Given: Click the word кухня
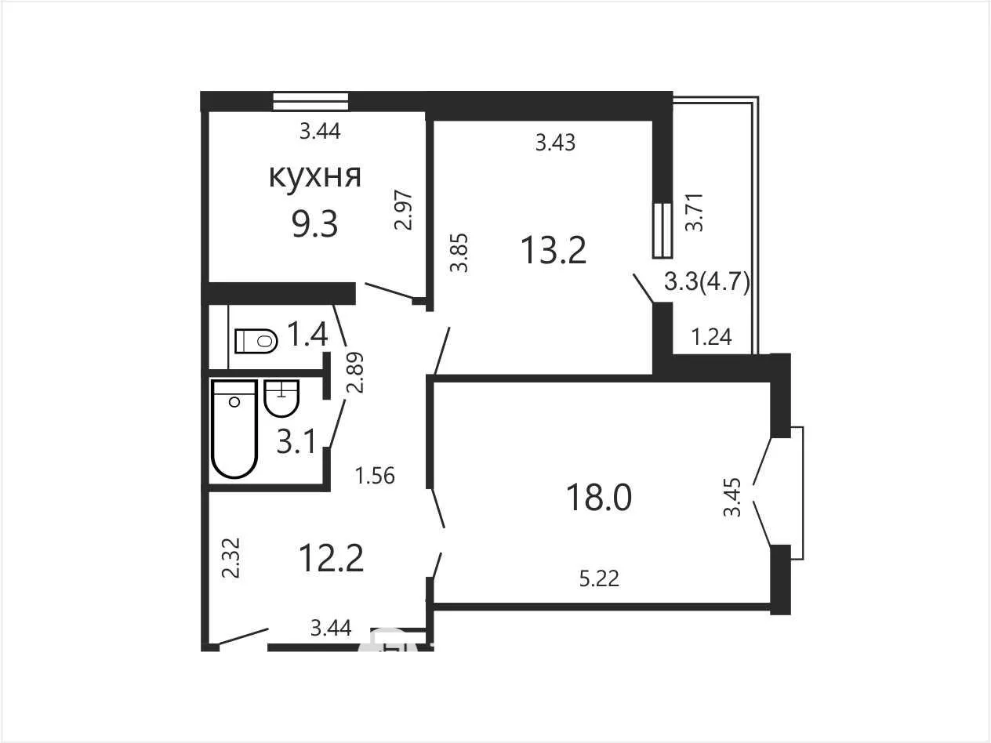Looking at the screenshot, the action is [315, 176].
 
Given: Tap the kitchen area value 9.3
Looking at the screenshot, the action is [314, 224].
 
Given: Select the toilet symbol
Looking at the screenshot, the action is [256, 341].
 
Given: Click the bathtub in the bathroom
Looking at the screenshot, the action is [234, 429].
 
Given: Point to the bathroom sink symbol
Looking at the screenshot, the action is [281, 398].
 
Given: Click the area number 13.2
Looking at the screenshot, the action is [554, 250].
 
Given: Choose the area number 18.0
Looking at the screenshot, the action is [599, 497].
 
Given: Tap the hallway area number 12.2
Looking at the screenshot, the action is [331, 558].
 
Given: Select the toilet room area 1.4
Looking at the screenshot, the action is [307, 334].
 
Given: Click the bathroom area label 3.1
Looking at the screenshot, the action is [296, 441].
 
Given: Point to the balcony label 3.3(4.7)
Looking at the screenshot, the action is [707, 282].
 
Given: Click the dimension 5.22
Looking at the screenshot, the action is [599, 578].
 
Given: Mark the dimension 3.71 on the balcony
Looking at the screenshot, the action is [694, 212].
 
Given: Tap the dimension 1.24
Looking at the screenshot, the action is [712, 337].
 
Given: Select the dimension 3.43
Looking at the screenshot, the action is [555, 143].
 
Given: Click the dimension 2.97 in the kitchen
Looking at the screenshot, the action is [403, 211].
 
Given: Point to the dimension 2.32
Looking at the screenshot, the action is [231, 558].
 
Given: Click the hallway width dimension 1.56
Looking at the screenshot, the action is [375, 476].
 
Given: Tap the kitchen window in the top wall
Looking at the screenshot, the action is [310, 101].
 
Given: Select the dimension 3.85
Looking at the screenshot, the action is [459, 252].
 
